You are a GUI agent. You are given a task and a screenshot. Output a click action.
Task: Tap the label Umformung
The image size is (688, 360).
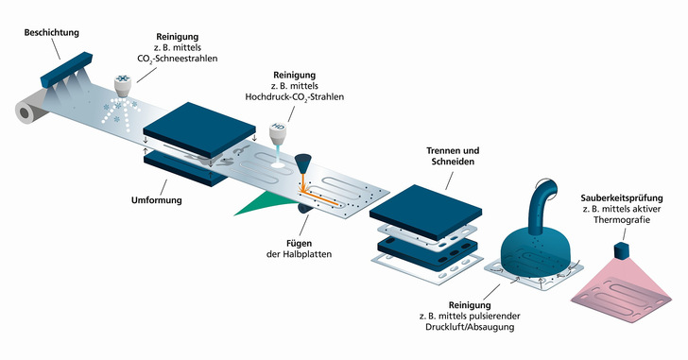(x=154, y=200)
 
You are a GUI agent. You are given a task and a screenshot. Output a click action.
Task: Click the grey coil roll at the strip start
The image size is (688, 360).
(x=25, y=113)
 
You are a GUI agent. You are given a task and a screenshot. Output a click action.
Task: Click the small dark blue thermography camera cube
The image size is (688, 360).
(x=622, y=251)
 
